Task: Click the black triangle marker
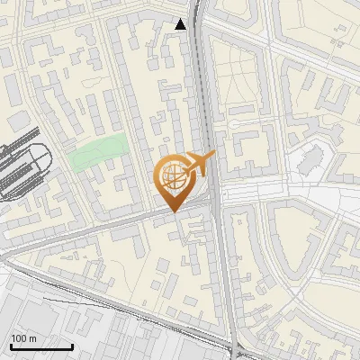click(x=181, y=24)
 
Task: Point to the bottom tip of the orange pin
click(x=174, y=211)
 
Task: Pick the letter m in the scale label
click(x=32, y=338)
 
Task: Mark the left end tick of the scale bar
click(x=11, y=346)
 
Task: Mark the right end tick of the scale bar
click(x=72, y=346)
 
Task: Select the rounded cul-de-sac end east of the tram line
click(x=232, y=123)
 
